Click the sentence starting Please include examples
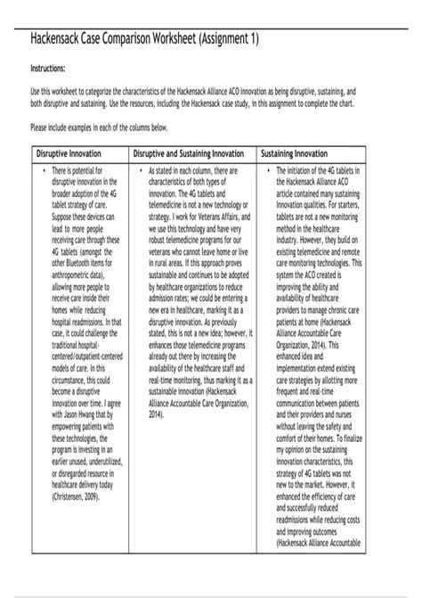coord(100,128)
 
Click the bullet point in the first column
coord(43,169)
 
